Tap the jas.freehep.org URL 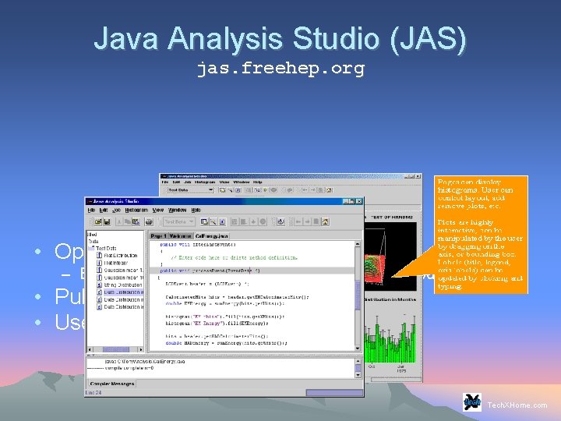[x=280, y=69]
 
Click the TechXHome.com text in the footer [x=517, y=405]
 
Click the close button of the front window [x=359, y=200]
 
